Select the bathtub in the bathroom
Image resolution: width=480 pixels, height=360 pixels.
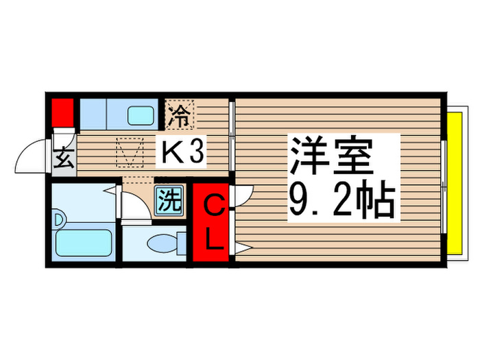point(84,243)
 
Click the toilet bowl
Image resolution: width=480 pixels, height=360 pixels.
point(163,243)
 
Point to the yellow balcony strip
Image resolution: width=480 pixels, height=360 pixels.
point(452,184)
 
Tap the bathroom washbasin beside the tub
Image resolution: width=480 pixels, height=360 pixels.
point(57,220)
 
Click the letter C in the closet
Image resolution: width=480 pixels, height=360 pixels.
point(213,206)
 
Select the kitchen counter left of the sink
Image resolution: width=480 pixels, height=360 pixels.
point(100,113)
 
